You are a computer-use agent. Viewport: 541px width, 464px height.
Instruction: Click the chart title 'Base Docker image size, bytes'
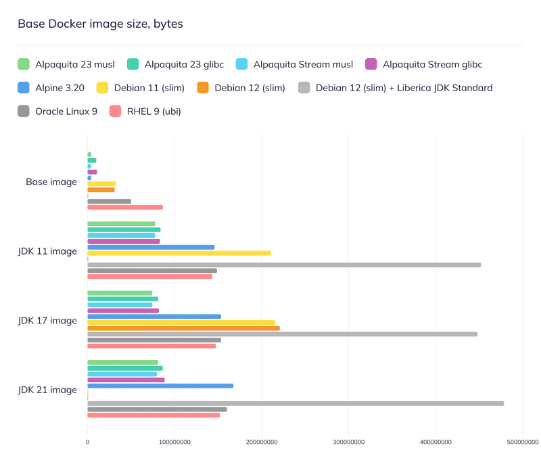click(x=100, y=24)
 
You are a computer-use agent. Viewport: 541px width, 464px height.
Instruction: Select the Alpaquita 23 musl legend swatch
click(x=24, y=65)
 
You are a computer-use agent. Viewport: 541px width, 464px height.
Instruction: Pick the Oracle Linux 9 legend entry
click(x=66, y=111)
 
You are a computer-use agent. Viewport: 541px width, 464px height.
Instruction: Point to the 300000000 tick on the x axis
click(x=348, y=442)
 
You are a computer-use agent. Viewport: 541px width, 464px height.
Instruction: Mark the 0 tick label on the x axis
click(x=87, y=442)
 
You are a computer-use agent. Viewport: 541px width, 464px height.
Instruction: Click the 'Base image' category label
click(x=51, y=182)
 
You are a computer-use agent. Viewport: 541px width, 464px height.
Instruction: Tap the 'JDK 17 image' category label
click(x=47, y=320)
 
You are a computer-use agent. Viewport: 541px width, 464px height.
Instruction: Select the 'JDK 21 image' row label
click(x=47, y=390)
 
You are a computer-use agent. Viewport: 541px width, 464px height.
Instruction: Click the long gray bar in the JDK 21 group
click(x=295, y=403)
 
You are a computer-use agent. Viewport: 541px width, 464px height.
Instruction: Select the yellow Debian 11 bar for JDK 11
click(x=179, y=253)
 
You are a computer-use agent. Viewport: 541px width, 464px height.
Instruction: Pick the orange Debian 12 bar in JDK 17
click(x=183, y=328)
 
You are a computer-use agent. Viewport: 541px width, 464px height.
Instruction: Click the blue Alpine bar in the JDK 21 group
click(x=160, y=386)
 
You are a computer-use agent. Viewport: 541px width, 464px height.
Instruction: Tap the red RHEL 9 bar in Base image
click(x=124, y=207)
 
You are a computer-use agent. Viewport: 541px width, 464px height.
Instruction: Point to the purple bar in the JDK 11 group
click(x=123, y=241)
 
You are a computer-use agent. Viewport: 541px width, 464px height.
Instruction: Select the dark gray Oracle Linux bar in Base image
click(x=109, y=201)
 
